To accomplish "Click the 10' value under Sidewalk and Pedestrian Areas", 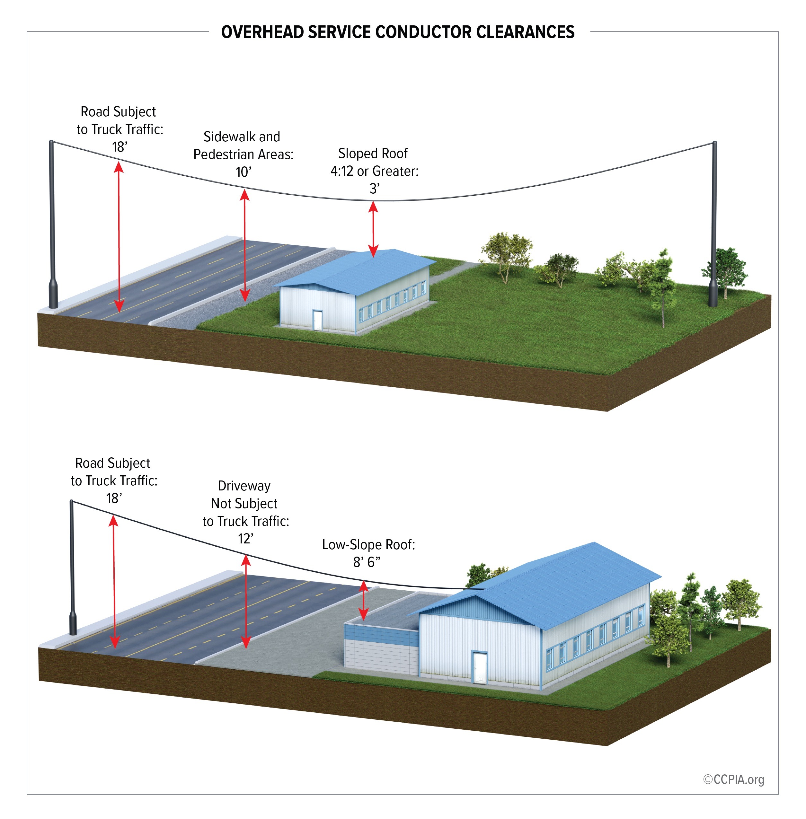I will (244, 172).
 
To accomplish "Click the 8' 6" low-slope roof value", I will (367, 562).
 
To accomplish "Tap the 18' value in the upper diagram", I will (120, 147).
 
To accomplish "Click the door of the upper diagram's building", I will (317, 320).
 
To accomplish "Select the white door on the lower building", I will (480, 667).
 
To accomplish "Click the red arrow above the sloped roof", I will (373, 229).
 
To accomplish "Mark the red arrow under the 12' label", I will (245, 601).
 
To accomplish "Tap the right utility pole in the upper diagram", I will (714, 224).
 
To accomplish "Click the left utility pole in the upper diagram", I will (52, 224).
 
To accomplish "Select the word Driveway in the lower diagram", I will (244, 486).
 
